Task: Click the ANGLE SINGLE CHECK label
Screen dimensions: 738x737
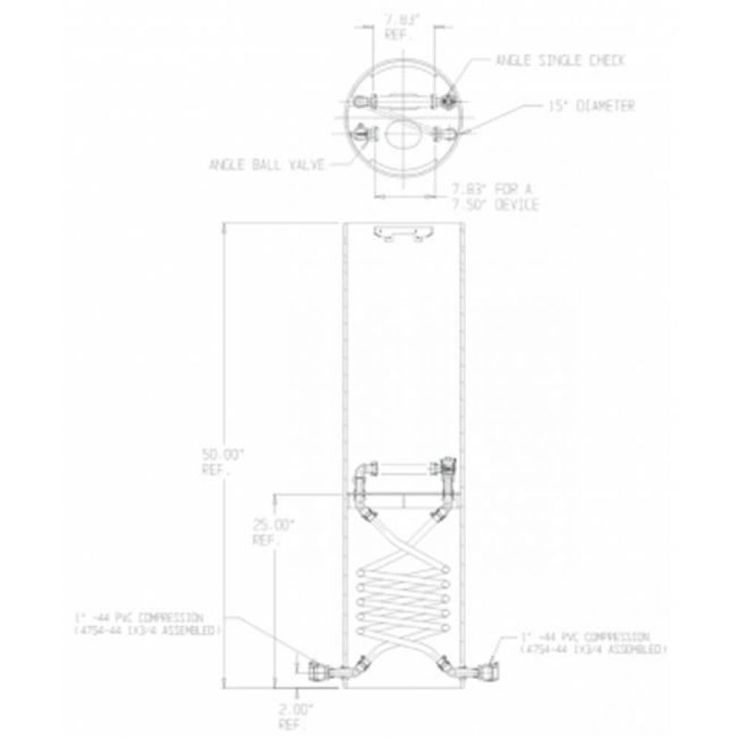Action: [560, 61]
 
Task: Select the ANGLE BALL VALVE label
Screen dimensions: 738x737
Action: [267, 165]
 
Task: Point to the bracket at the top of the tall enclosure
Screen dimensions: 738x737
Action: [403, 232]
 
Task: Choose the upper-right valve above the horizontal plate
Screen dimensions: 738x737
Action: [446, 468]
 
